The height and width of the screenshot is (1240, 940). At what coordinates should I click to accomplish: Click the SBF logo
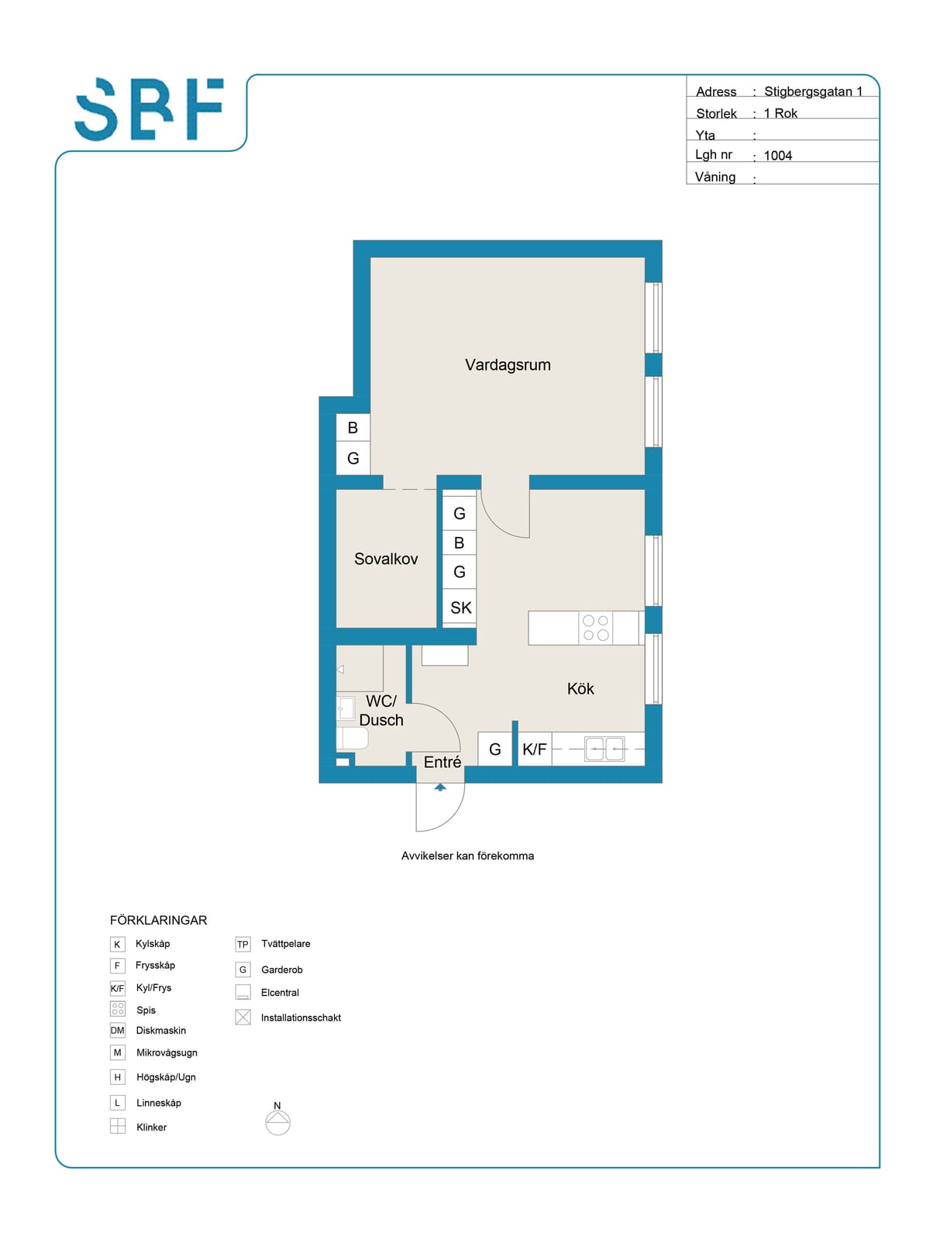tap(149, 109)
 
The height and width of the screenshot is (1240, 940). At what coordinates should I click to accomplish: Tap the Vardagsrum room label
tap(508, 365)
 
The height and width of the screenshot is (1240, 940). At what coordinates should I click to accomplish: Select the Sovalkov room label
tap(386, 559)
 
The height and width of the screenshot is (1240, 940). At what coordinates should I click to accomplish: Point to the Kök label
tap(580, 689)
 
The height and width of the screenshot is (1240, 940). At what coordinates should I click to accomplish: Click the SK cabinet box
tap(460, 608)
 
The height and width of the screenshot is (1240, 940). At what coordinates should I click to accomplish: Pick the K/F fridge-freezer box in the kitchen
tap(535, 749)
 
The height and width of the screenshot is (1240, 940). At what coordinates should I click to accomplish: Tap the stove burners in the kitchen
tap(595, 628)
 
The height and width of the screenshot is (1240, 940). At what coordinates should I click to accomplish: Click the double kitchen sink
tap(604, 749)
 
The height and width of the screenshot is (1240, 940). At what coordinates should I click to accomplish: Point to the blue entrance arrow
tap(440, 787)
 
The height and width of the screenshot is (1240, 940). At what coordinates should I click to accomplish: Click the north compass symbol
tap(277, 1121)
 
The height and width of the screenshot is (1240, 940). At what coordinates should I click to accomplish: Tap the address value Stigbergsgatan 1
tap(813, 91)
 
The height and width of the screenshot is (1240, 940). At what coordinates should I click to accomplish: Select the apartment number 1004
tap(777, 156)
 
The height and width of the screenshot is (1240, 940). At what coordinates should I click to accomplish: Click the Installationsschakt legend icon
tap(243, 1018)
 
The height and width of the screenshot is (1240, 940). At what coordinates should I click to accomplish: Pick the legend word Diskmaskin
tap(161, 1031)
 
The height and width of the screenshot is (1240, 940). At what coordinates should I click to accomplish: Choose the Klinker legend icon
tap(118, 1126)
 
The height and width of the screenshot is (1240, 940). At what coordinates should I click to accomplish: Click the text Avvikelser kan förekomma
tap(467, 856)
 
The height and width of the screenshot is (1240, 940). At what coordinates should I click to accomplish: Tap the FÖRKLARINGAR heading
tap(158, 920)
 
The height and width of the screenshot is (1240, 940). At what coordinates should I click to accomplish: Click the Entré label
tap(442, 762)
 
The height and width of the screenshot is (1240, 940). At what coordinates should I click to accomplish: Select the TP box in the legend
tap(243, 944)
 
